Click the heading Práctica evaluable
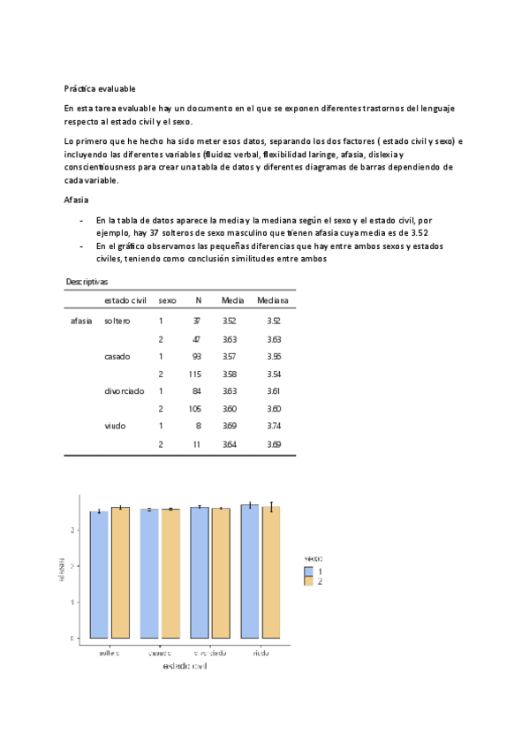pyautogui.click(x=100, y=88)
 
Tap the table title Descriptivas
pyautogui.click(x=87, y=281)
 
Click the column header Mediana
pyautogui.click(x=273, y=301)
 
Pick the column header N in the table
pyautogui.click(x=198, y=301)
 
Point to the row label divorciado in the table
pyautogui.click(x=124, y=390)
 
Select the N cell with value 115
pyautogui.click(x=195, y=374)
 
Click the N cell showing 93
pyautogui.click(x=196, y=356)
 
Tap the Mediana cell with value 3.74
pyautogui.click(x=274, y=426)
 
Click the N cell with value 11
pyautogui.click(x=197, y=444)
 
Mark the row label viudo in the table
pyautogui.click(x=115, y=426)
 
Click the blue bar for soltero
pyautogui.click(x=100, y=574)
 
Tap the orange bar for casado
pyautogui.click(x=170, y=573)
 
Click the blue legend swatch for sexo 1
pyautogui.click(x=309, y=571)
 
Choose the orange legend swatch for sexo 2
pyautogui.click(x=309, y=581)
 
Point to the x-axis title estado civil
pyautogui.click(x=185, y=665)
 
